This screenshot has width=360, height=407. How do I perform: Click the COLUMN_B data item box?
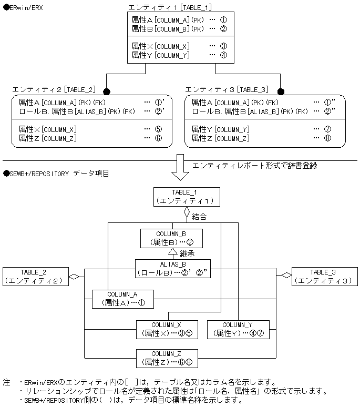tap(171, 238)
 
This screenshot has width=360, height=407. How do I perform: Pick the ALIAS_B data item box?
tap(172, 269)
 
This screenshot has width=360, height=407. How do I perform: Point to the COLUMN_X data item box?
tap(166, 329)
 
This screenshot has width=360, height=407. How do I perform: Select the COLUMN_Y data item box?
tap(238, 329)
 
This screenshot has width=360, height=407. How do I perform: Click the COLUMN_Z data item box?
tap(167, 358)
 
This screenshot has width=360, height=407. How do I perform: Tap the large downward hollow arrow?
tap(180, 167)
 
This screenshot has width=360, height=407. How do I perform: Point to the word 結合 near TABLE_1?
tap(199, 216)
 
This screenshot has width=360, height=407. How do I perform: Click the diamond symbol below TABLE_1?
tap(187, 213)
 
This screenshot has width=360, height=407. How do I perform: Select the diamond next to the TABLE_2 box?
tap(74, 276)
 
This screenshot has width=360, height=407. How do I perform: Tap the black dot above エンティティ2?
tap(107, 90)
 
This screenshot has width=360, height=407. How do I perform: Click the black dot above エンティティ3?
tap(281, 90)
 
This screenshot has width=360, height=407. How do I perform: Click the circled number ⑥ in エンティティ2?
tap(158, 138)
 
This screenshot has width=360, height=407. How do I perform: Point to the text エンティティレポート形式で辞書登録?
tap(255, 165)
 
